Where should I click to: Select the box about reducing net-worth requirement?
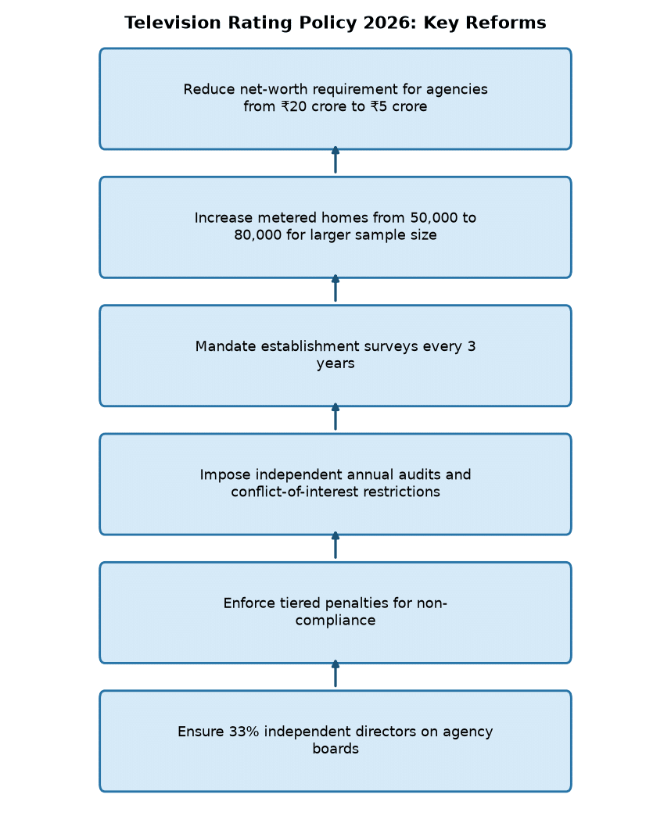click(335, 98)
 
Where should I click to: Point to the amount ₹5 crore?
click(399, 106)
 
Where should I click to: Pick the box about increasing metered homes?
click(335, 227)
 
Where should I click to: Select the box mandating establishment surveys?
click(335, 356)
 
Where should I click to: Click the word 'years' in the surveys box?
click(335, 363)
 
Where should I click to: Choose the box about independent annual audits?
click(335, 484)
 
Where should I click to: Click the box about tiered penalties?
click(335, 613)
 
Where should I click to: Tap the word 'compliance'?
click(335, 621)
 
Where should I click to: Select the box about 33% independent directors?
click(335, 741)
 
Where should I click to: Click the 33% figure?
click(244, 732)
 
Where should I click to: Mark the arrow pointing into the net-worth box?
click(335, 160)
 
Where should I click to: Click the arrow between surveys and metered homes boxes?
click(335, 288)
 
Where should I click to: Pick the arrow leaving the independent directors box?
click(335, 674)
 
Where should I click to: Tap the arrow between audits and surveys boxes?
click(335, 417)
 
